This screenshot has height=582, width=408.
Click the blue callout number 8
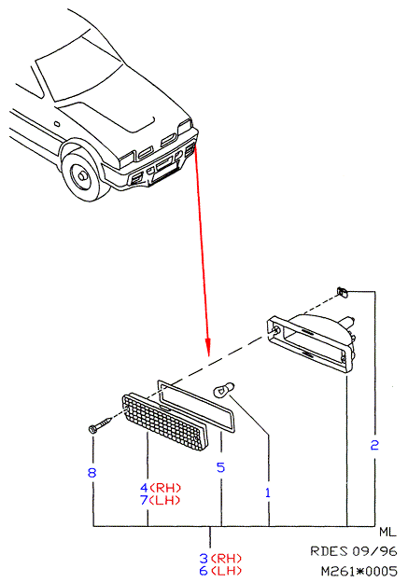[91, 473]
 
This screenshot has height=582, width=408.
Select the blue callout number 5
[220, 467]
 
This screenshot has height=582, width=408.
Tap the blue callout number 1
[268, 492]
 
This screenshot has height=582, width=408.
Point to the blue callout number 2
[374, 445]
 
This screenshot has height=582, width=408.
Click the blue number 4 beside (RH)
[144, 488]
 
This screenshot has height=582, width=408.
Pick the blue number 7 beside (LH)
[144, 500]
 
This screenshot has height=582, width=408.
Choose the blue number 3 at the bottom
[204, 558]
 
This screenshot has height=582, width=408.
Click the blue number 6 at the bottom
[204, 571]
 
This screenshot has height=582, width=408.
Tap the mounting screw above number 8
[100, 424]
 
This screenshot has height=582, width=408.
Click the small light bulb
[222, 391]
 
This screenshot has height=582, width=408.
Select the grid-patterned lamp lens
[165, 422]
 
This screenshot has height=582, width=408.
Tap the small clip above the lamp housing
[343, 292]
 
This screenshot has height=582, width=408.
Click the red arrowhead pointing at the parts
[207, 347]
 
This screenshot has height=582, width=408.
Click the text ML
[387, 532]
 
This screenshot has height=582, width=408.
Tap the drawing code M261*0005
[359, 571]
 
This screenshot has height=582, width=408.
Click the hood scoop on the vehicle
[107, 117]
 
